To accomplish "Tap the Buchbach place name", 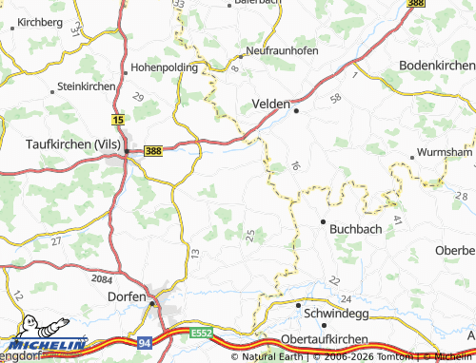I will (355, 228).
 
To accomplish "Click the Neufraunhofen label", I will (282, 49).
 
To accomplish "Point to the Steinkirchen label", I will (87, 86).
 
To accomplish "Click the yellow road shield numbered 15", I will (118, 121).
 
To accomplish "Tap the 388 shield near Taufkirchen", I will (153, 150).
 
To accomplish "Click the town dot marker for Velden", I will (297, 110).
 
